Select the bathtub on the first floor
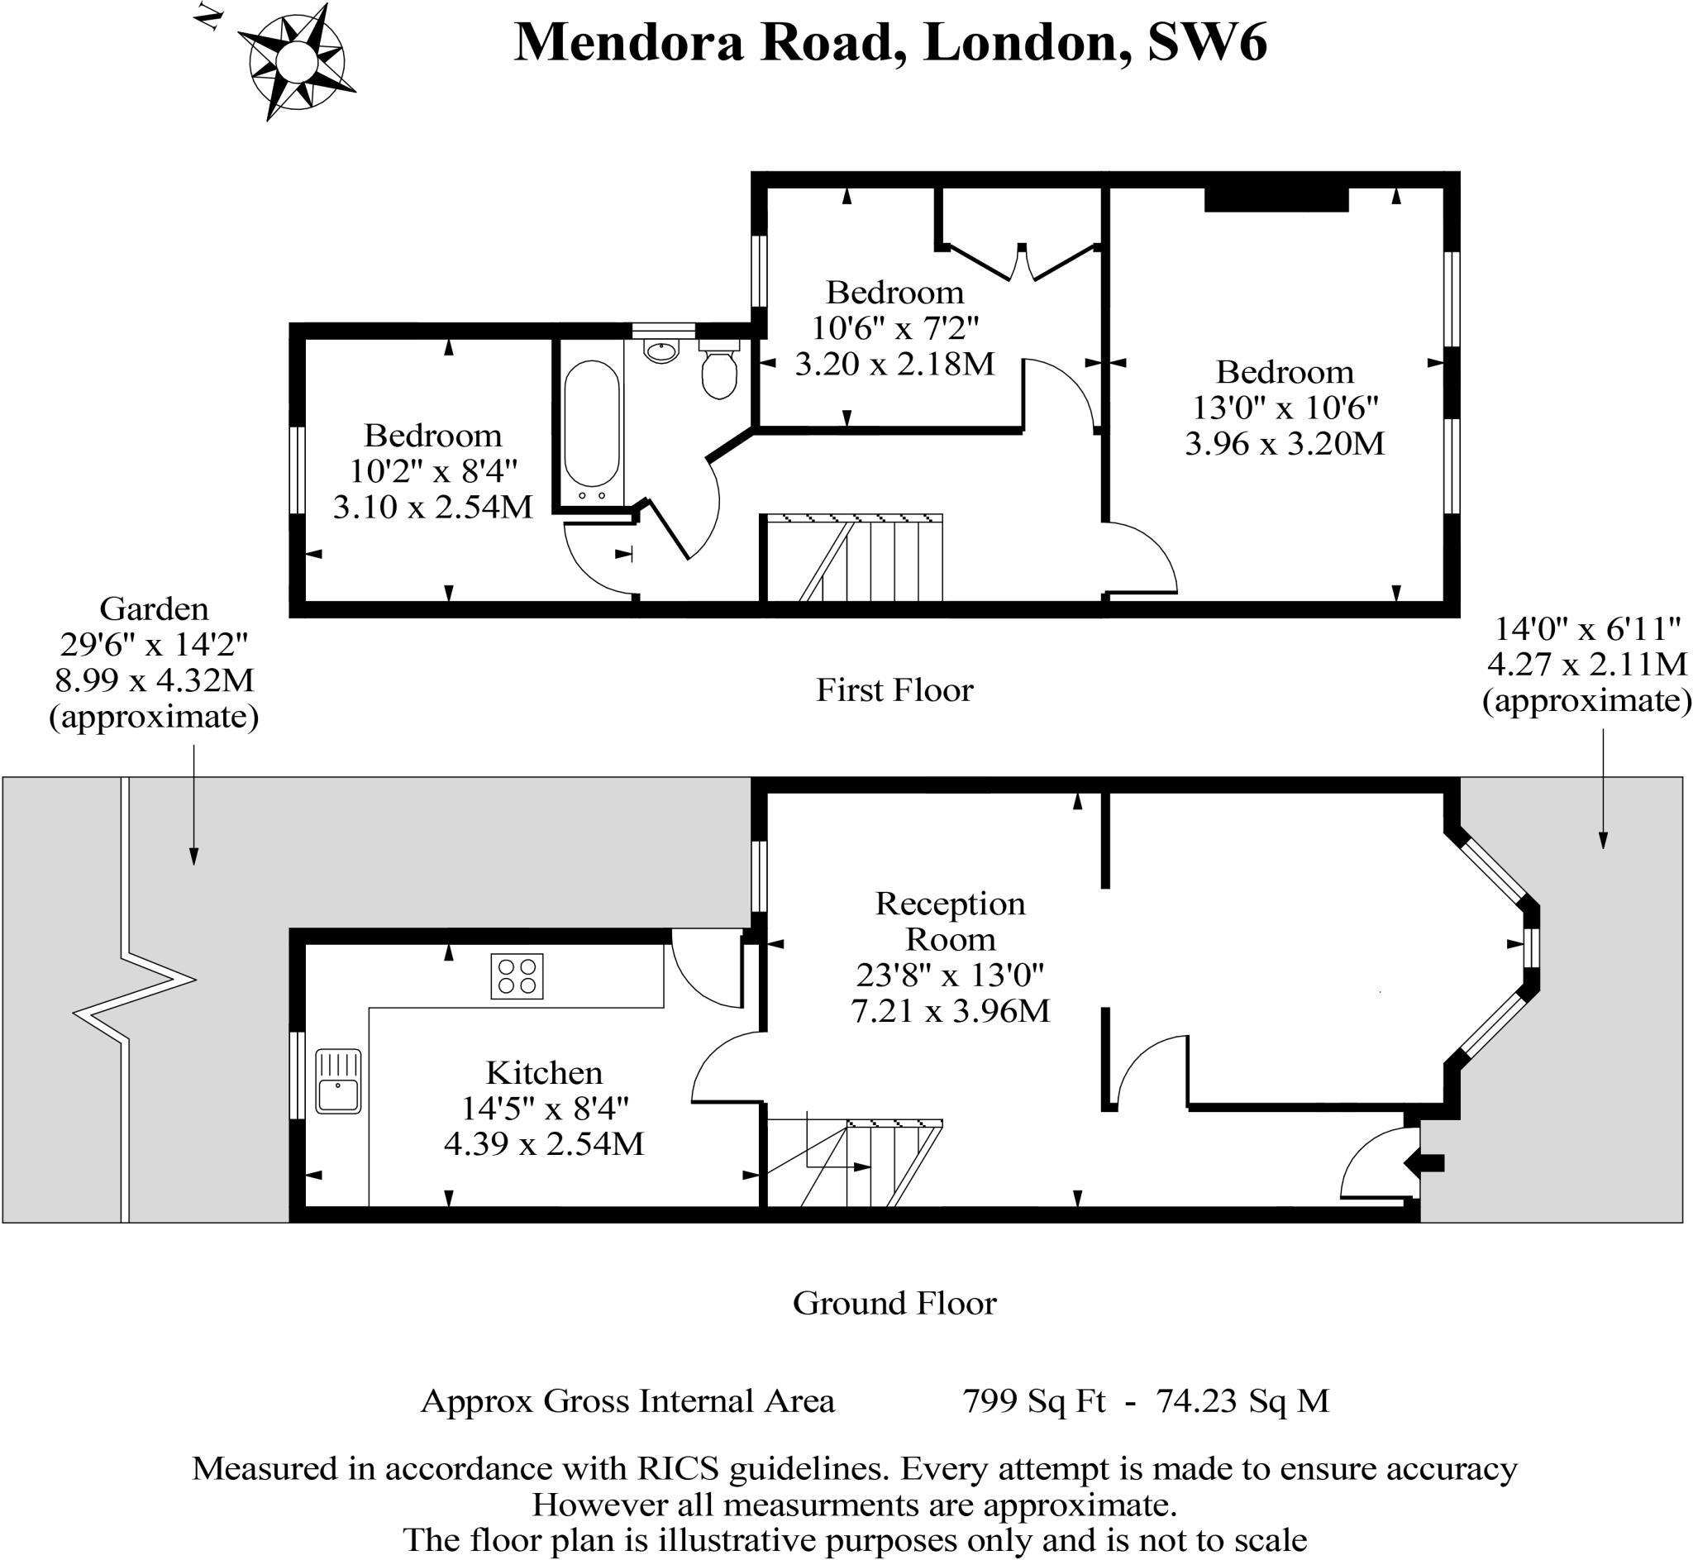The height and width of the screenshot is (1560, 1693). [x=592, y=431]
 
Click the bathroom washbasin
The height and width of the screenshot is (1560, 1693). [x=661, y=351]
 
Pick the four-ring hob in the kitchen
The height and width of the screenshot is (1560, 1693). [x=517, y=976]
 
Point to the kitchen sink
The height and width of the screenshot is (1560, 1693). [x=338, y=1081]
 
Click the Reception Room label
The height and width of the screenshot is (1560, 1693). [x=950, y=921]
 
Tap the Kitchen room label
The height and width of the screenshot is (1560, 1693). [x=545, y=1073]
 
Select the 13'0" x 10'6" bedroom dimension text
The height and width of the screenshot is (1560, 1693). [x=1285, y=408]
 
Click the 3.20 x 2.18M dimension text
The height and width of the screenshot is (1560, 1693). [x=894, y=364]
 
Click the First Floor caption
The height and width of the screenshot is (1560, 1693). [x=894, y=690]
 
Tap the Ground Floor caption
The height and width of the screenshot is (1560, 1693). [x=894, y=1304]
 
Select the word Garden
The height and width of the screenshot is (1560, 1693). [x=154, y=608]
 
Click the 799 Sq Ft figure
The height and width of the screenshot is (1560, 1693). [x=1034, y=1401]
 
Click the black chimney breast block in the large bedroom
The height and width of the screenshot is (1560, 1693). [x=1276, y=198]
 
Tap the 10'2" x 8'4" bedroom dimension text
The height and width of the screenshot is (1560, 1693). [x=433, y=471]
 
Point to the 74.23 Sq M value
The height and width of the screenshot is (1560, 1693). [x=1242, y=1401]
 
